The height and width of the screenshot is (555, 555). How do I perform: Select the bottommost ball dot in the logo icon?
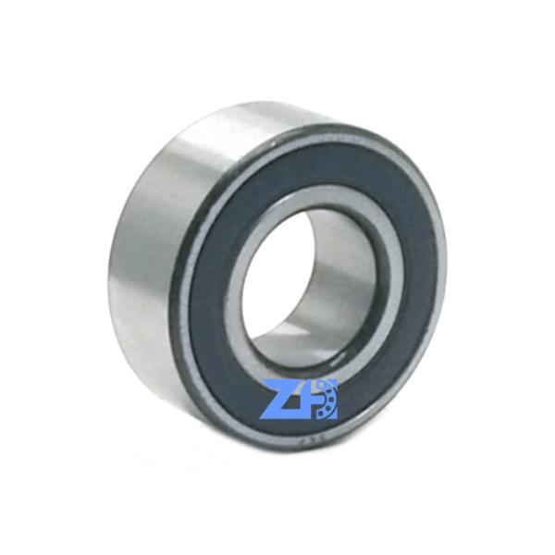pyautogui.click(x=327, y=413)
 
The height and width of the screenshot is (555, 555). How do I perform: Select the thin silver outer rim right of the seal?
pyautogui.click(x=438, y=277)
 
